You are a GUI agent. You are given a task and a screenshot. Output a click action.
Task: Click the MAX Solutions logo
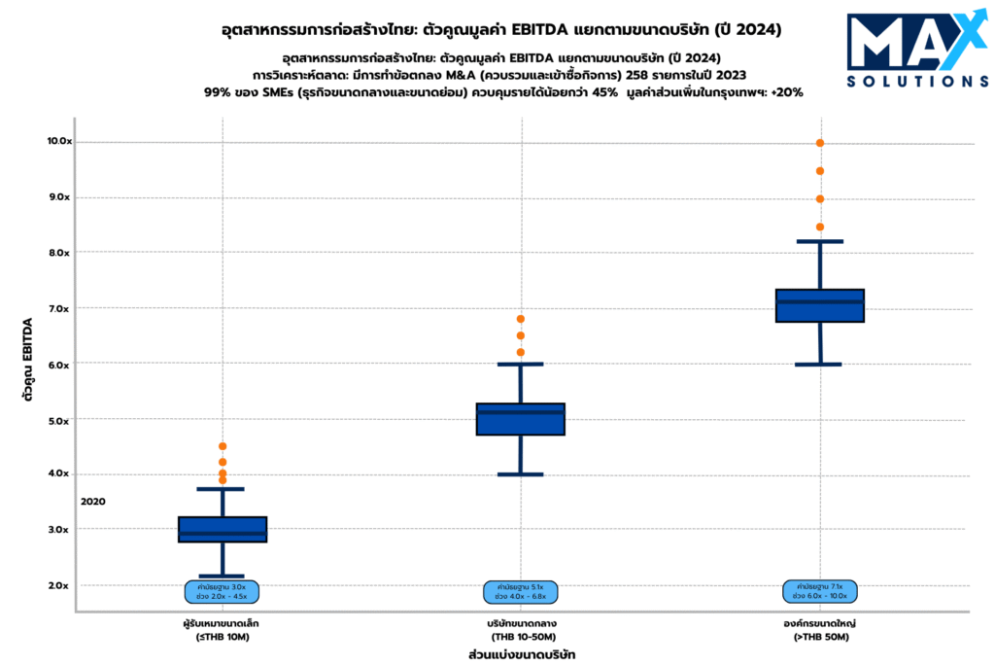pyautogui.click(x=904, y=51)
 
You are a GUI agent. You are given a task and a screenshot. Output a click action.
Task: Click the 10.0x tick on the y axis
pyautogui.click(x=59, y=141)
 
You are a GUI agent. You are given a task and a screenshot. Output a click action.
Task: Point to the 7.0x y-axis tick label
pyautogui.click(x=59, y=308)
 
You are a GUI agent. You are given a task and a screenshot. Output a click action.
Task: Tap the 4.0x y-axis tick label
pyautogui.click(x=59, y=473)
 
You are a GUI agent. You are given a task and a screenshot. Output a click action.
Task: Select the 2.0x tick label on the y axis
pyautogui.click(x=59, y=585)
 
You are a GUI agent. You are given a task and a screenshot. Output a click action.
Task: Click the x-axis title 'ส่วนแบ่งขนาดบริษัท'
pyautogui.click(x=522, y=654)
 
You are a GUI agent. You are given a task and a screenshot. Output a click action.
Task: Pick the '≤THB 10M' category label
pyautogui.click(x=223, y=637)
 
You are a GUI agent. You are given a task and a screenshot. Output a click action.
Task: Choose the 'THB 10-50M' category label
pyautogui.click(x=522, y=637)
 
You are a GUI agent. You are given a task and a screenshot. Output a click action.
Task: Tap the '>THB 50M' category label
pyautogui.click(x=820, y=637)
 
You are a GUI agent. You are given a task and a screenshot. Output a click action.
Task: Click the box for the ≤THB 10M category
pyautogui.click(x=223, y=529)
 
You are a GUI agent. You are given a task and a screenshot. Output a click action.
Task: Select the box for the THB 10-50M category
pyautogui.click(x=521, y=419)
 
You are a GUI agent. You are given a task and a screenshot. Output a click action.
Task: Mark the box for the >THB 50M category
pyautogui.click(x=820, y=305)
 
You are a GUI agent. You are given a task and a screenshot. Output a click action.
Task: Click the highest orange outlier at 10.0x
pyautogui.click(x=820, y=143)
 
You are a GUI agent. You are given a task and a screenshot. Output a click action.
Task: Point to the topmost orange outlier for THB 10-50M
pyautogui.click(x=521, y=319)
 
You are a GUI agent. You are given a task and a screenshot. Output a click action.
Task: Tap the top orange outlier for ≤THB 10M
pyautogui.click(x=223, y=446)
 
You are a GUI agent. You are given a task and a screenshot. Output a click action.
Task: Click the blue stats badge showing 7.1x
pyautogui.click(x=820, y=591)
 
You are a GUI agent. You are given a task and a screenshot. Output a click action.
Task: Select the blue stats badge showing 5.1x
pyautogui.click(x=521, y=591)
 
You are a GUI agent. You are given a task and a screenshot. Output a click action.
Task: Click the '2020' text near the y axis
pyautogui.click(x=93, y=502)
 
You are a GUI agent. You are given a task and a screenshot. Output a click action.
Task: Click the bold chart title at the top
pyautogui.click(x=501, y=30)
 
